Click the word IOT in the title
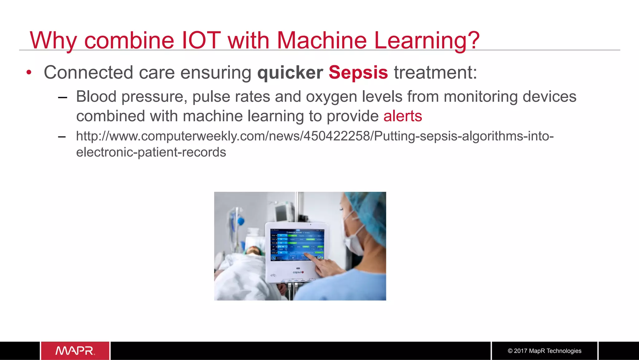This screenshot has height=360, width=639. (x=201, y=40)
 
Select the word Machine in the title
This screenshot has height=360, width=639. (x=322, y=40)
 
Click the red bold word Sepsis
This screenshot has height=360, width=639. (x=358, y=72)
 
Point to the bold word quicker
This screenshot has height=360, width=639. (x=290, y=72)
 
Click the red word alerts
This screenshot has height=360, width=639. (x=402, y=116)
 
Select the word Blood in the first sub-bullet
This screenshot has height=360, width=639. (x=96, y=96)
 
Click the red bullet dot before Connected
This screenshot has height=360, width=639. (x=29, y=73)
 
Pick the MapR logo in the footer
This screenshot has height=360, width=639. (x=75, y=351)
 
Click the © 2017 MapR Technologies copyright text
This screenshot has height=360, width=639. (x=544, y=351)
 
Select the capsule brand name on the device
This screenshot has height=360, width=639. (x=298, y=272)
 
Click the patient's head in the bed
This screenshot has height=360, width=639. (x=253, y=250)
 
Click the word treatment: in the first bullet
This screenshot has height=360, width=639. (x=435, y=72)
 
